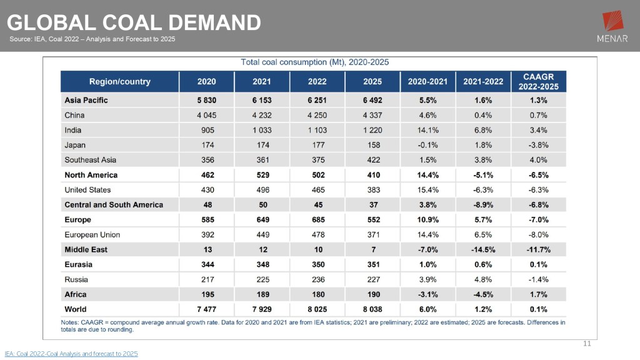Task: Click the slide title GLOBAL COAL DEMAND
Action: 134,22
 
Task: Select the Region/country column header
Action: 119,82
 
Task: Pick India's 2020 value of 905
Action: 207,130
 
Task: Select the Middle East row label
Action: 86,249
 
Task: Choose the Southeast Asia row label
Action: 91,160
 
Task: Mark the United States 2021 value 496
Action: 262,190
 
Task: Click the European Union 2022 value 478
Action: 317,235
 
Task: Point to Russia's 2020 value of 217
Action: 207,279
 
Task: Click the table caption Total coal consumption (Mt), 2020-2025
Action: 315,62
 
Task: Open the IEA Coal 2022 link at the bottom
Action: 71,354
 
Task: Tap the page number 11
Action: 586,343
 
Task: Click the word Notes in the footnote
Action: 71,322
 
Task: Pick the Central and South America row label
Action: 114,205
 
